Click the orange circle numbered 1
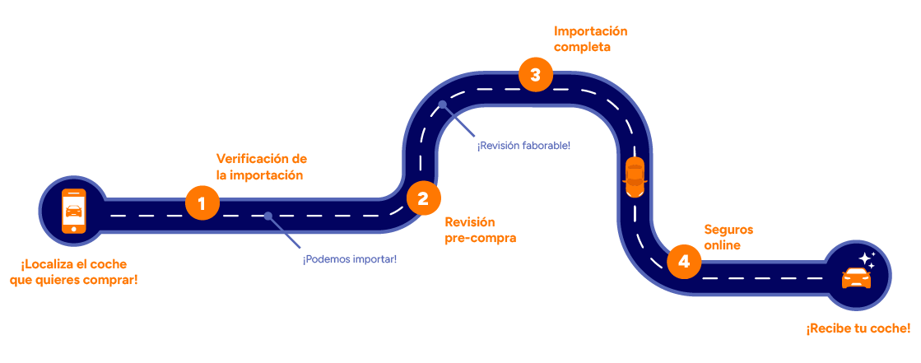coord(202,202)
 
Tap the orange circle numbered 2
coord(423,198)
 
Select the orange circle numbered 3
coord(535,76)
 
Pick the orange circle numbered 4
coord(683,262)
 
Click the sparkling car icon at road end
coord(856,277)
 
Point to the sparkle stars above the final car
coord(866,259)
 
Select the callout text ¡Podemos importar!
coord(350,259)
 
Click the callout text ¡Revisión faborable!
coord(523,146)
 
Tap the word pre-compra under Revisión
coord(480,239)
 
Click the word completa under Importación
coord(583,48)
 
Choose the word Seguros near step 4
coord(728,230)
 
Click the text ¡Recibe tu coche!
coord(858,329)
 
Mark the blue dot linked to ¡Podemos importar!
coord(267,216)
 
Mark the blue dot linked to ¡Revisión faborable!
coord(443,105)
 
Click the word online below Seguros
coord(723,245)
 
